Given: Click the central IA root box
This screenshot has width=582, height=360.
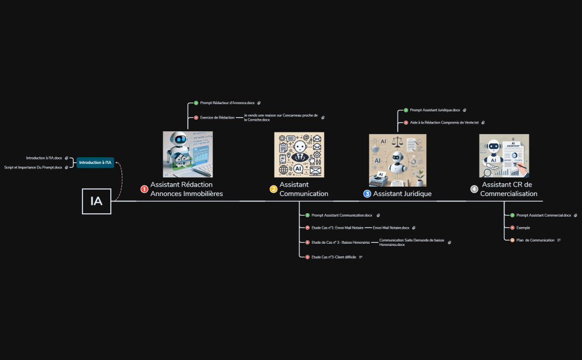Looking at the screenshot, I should [x=96, y=201].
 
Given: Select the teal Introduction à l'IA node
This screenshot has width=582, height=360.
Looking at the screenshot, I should [x=95, y=162].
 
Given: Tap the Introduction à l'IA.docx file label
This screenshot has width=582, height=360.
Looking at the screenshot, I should [x=44, y=158].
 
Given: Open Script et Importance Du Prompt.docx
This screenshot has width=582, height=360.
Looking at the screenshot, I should [x=33, y=167].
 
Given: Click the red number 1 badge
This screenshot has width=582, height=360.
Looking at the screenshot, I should [x=145, y=189].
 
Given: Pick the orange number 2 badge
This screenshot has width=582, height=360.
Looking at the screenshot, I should [x=274, y=189].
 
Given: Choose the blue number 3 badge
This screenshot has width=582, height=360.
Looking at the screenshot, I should [x=367, y=194].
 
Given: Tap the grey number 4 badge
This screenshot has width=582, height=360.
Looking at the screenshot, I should [x=474, y=189].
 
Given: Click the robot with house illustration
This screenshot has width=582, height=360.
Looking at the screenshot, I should [x=188, y=154].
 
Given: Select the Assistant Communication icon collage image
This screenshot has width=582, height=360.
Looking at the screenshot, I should [x=299, y=155].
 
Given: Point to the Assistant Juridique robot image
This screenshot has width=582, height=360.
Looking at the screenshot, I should [x=398, y=160].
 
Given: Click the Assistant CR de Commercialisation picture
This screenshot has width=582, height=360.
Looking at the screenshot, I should [x=504, y=156].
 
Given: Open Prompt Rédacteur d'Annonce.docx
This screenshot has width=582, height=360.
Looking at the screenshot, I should [x=227, y=103].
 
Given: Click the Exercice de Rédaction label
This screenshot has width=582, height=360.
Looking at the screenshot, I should [x=217, y=117].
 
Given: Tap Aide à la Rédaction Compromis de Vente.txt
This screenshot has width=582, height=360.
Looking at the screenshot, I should [x=444, y=122].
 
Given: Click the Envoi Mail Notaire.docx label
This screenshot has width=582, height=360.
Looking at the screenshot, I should [x=391, y=228].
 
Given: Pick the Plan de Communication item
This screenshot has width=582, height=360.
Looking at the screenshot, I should [x=535, y=240].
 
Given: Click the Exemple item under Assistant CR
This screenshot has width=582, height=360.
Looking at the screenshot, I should [x=523, y=228].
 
